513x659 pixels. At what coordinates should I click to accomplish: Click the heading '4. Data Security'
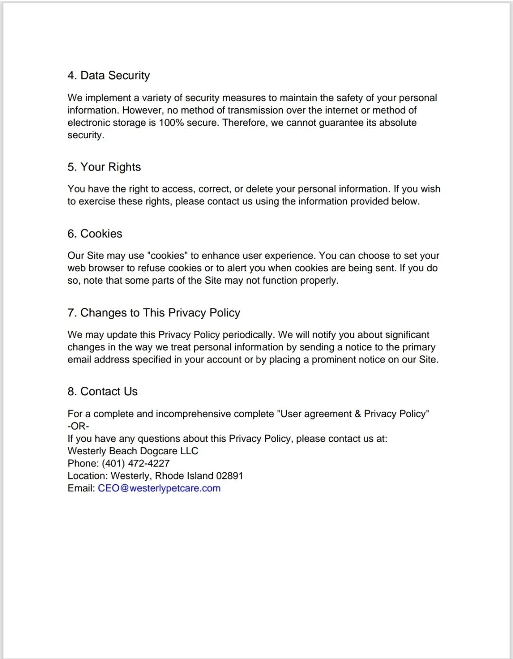108,76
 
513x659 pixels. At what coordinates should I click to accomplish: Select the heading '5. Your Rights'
104,167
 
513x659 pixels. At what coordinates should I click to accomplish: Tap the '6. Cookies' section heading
95,234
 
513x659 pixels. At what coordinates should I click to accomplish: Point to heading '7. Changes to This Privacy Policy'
153,313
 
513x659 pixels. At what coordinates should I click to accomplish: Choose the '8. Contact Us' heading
102,392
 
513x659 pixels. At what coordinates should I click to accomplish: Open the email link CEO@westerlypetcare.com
159,488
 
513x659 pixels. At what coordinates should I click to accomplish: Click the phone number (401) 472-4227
135,464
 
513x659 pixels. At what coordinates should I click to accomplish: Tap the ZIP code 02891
229,476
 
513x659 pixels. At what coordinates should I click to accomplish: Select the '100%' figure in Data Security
174,123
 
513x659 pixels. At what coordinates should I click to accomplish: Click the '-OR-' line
78,426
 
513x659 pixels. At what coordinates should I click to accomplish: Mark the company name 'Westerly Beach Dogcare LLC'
133,451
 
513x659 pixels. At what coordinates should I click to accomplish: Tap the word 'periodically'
248,335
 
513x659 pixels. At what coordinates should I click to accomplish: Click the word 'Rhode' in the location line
169,476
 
